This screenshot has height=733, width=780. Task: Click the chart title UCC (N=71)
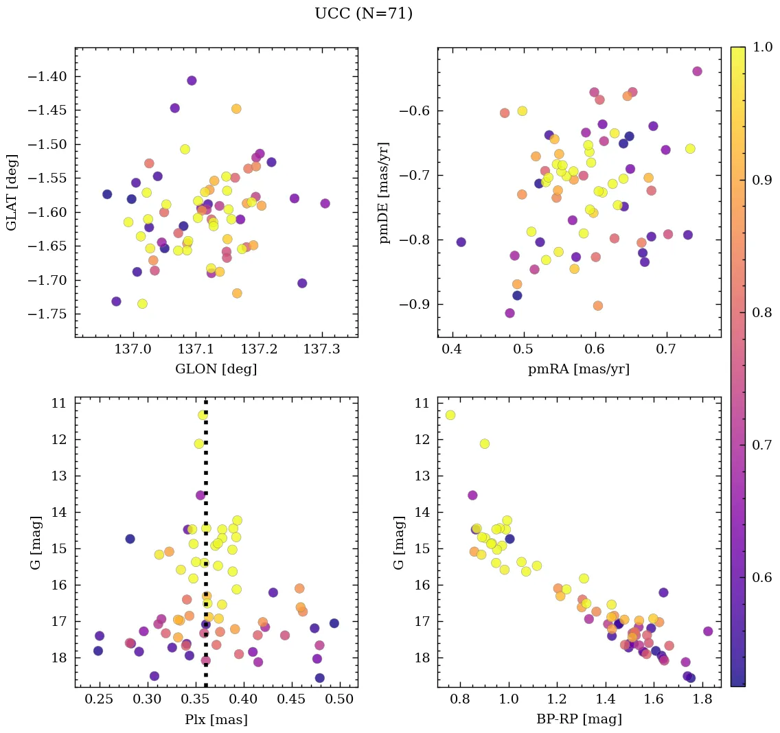363,14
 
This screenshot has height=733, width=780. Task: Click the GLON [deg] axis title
216,369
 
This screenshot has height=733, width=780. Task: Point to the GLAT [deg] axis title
12,192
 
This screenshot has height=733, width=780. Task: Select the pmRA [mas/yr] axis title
579,369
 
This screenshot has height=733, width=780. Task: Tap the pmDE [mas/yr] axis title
384,192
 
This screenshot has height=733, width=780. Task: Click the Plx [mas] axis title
216,719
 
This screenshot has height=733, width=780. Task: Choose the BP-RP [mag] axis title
579,719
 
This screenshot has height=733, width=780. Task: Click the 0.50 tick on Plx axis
340,701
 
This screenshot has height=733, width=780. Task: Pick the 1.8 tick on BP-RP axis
702,701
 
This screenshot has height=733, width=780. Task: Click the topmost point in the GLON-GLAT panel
192,80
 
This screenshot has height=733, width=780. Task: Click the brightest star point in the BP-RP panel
450,415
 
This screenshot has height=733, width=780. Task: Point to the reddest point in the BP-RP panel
708,631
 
